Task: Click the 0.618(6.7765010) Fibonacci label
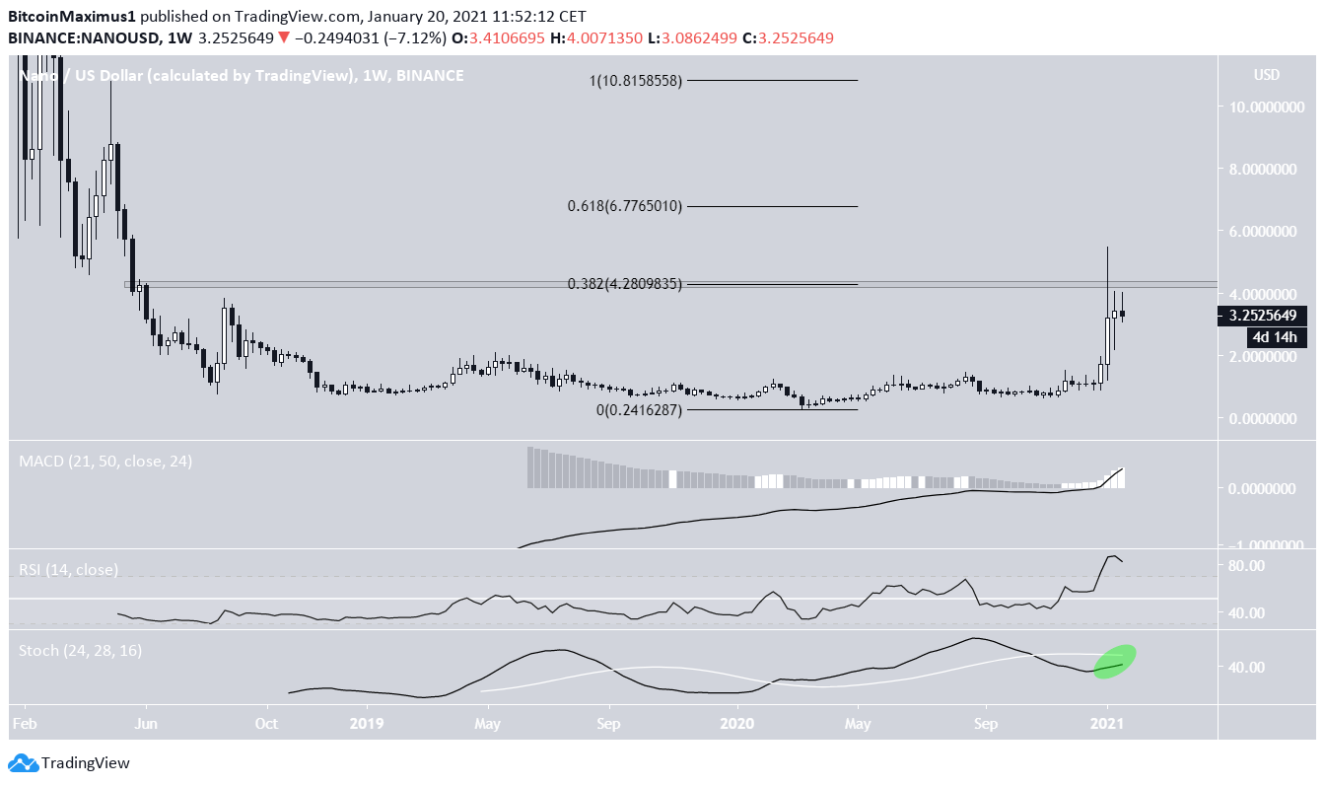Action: point(624,206)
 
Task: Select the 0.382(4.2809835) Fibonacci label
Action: point(624,284)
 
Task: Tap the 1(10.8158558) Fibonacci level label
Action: point(636,81)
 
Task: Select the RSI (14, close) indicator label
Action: point(68,569)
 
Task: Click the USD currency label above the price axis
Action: point(1267,75)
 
